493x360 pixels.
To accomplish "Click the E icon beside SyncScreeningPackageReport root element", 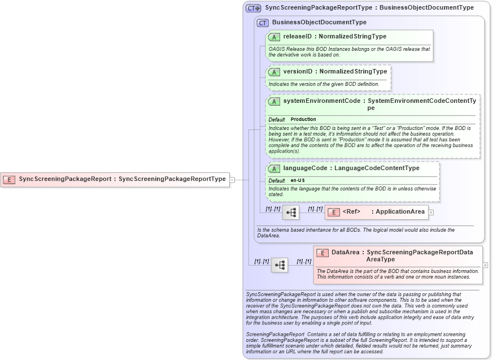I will pos(9,179).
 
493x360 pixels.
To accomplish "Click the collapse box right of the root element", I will pos(232,180).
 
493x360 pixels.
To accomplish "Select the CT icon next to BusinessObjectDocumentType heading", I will pos(263,23).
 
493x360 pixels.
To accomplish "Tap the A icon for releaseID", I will pos(274,37).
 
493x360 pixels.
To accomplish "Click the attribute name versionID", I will pos(296,72).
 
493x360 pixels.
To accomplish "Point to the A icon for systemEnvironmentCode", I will pos(274,101).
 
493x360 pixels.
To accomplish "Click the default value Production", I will pos(303,119).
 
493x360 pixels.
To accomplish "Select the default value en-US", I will pos(298,180).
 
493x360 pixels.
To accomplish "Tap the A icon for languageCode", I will pos(274,168).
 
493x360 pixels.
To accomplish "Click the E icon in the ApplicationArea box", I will pos(333,212).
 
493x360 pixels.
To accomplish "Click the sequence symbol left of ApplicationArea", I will pos(291,212).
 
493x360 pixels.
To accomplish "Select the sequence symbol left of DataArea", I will pos(280,264).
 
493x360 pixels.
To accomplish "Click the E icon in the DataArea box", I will pos(322,253).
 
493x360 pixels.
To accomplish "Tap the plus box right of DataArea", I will pos(485,264).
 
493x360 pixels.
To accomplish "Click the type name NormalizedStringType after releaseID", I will pos(352,37).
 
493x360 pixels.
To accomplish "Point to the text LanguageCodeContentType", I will pos(377,168).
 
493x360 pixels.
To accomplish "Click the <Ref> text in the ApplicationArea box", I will pos(351,212).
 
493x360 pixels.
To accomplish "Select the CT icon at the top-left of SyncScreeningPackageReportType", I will pos(253,8).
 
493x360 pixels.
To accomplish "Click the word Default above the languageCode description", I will pos(277,180).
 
